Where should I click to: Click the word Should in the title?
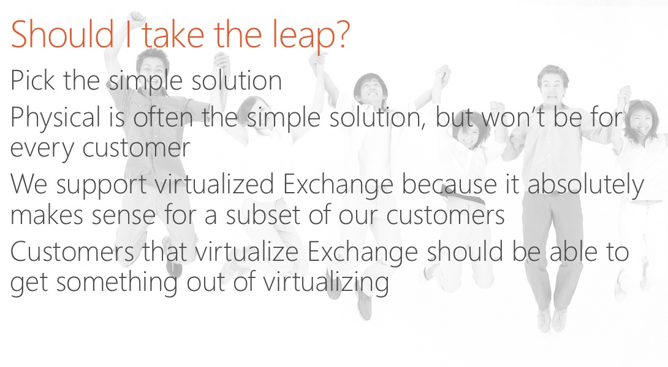point(63,34)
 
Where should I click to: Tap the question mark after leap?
point(343,34)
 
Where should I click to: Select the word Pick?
point(32,80)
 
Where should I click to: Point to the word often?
point(163,117)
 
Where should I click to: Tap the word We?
point(29,184)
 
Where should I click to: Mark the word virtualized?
point(213,184)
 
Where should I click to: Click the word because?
point(449,184)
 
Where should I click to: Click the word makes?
point(47,215)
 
